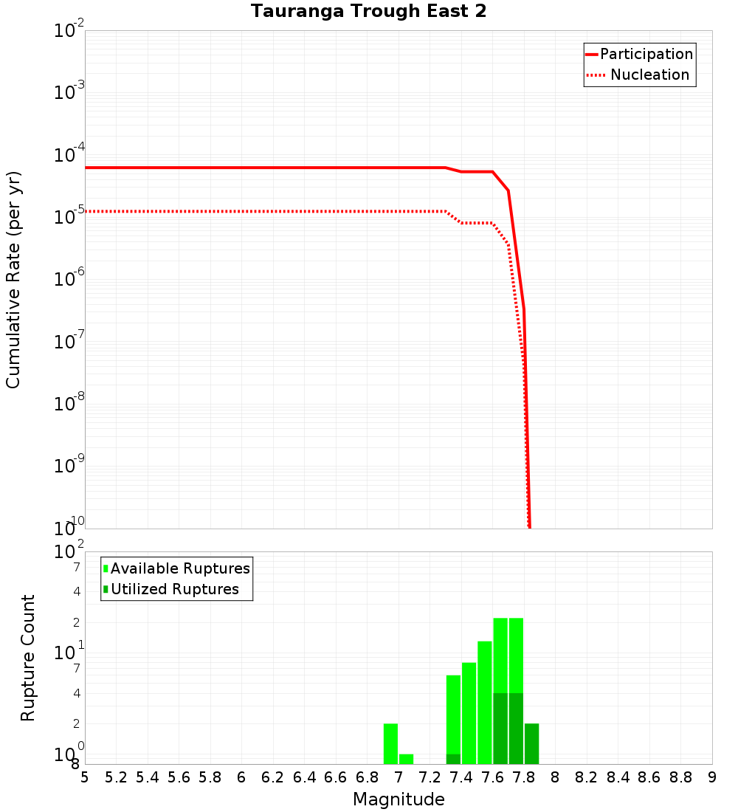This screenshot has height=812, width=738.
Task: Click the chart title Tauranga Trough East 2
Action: [368, 12]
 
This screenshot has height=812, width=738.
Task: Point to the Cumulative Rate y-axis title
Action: [13, 279]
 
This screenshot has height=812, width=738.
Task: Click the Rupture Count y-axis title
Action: [28, 657]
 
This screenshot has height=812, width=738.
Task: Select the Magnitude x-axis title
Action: [399, 799]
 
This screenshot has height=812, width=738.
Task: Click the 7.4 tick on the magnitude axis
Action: [461, 777]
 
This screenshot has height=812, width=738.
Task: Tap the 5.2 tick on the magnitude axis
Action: [116, 777]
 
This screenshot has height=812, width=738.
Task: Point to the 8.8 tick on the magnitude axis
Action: [680, 777]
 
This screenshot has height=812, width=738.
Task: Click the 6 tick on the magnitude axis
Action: [241, 777]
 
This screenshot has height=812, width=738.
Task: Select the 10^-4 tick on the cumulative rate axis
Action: [70, 156]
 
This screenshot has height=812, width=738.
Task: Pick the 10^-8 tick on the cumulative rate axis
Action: [70, 404]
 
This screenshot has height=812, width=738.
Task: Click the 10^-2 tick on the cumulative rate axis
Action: [70, 32]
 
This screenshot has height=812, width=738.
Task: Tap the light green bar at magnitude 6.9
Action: [390, 743]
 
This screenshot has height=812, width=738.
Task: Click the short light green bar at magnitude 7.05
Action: [406, 759]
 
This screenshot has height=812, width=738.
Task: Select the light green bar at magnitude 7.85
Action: [531, 743]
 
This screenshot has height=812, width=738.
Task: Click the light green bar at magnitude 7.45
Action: [469, 713]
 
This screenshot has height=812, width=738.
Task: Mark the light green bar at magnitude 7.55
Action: [485, 702]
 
